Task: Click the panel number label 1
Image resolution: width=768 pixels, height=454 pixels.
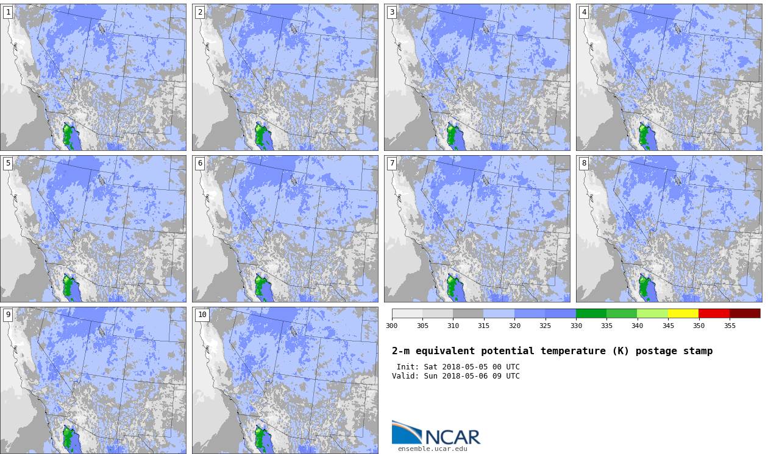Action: click(x=8, y=12)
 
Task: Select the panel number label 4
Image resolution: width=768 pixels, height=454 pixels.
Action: click(x=584, y=12)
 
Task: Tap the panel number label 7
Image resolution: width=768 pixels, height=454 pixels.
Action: click(x=392, y=163)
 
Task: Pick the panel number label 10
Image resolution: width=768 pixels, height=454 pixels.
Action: click(x=202, y=315)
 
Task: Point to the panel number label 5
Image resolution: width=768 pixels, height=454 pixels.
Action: click(x=8, y=163)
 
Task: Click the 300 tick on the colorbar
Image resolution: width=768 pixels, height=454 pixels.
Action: click(x=392, y=326)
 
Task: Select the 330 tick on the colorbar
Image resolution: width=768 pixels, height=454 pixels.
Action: click(x=576, y=326)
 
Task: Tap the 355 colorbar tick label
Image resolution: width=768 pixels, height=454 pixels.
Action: click(x=730, y=326)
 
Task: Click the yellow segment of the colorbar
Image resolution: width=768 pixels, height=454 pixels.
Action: click(x=683, y=313)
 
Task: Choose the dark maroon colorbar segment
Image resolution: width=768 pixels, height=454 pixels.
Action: click(x=745, y=313)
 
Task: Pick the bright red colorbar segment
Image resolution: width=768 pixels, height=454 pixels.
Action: click(x=714, y=313)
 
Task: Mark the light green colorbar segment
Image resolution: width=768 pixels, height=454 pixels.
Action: click(x=652, y=313)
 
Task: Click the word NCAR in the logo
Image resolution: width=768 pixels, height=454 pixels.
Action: click(x=453, y=437)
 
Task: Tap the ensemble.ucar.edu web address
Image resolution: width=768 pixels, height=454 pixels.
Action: click(x=432, y=449)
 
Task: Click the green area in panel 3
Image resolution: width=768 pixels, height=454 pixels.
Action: click(x=453, y=135)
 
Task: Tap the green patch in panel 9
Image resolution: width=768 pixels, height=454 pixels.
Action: click(x=69, y=438)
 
